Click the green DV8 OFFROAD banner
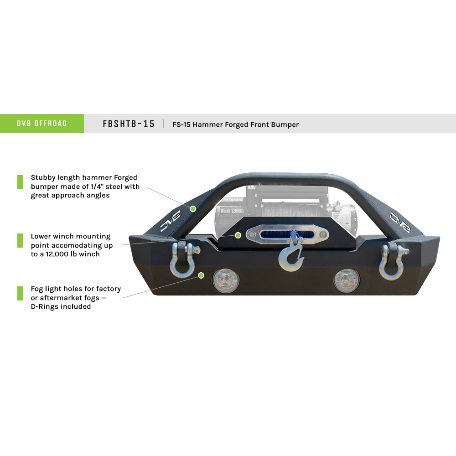[42, 124]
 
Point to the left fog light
[226, 281]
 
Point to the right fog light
[347, 280]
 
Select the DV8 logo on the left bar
[170, 221]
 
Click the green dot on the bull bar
[193, 208]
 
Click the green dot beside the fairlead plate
[238, 235]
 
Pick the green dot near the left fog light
[201, 275]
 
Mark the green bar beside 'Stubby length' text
[20, 182]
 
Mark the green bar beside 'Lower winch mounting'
[20, 240]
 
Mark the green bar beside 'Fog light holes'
[20, 293]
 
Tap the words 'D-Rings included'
[61, 306]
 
